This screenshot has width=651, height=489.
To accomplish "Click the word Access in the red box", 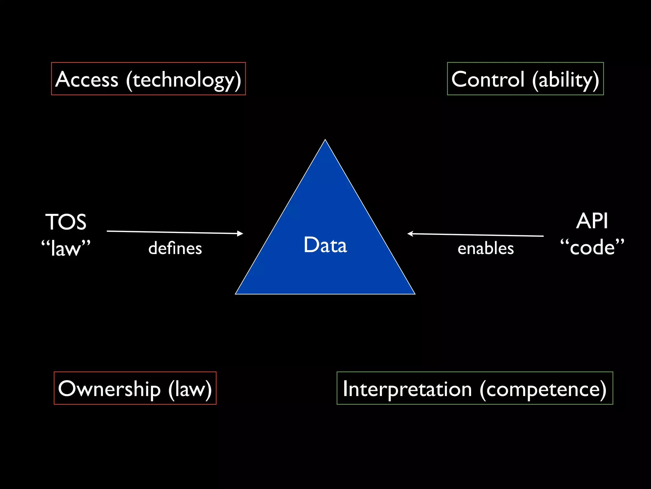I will click(87, 79).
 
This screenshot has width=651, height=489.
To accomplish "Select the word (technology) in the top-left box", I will click(183, 80).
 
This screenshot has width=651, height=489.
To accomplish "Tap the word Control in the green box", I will click(488, 79).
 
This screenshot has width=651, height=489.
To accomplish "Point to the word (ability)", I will click(566, 80).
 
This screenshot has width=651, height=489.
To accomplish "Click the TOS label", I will click(66, 222).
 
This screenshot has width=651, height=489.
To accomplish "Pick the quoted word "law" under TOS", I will click(66, 248).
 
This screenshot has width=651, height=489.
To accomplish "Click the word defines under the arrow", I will click(175, 248).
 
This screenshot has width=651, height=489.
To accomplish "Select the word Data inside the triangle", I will click(325, 245).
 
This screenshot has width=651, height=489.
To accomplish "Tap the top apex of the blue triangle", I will click(325, 140).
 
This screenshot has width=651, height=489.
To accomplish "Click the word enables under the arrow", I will click(486, 248).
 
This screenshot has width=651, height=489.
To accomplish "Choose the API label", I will click(592, 221).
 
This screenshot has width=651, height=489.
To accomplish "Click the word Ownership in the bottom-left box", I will click(109, 389).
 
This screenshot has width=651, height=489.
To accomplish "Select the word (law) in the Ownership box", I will click(190, 389).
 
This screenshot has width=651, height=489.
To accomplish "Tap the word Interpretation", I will click(407, 389).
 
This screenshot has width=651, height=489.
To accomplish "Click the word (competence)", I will click(543, 390).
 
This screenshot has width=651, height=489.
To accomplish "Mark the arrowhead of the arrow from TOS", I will click(241, 233).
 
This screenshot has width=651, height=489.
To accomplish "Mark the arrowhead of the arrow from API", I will click(410, 234).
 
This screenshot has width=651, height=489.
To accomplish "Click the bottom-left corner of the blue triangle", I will click(236, 294).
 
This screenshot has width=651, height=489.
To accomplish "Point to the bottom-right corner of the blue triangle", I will click(414, 294).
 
